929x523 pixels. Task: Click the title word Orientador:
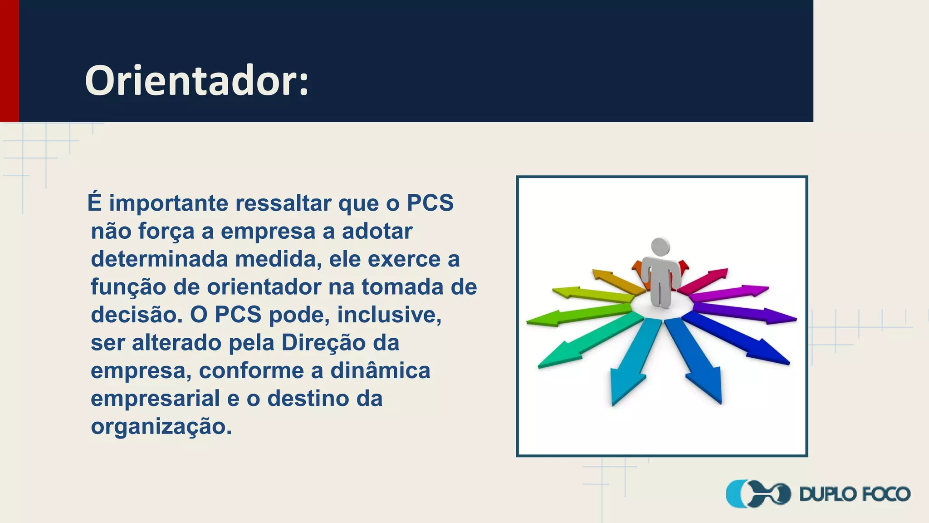click(196, 81)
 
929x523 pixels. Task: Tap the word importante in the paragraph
click(168, 203)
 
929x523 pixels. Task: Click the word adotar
click(377, 231)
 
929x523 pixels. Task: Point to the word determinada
click(159, 259)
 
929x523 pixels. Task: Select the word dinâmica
click(380, 370)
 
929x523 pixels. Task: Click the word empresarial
click(155, 399)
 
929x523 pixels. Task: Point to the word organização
click(161, 427)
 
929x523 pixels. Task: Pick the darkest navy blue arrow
click(739, 339)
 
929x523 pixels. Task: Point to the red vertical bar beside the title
click(9, 61)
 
